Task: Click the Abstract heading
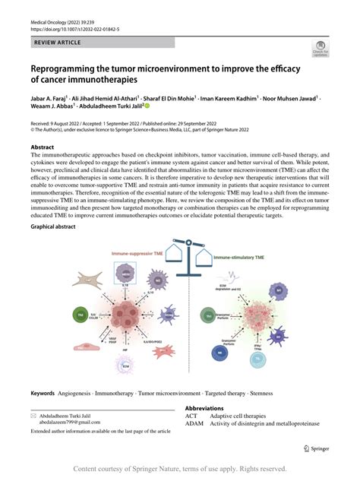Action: pos(42,147)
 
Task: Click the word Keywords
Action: pos(43,394)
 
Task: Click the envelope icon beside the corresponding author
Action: pos(34,416)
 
